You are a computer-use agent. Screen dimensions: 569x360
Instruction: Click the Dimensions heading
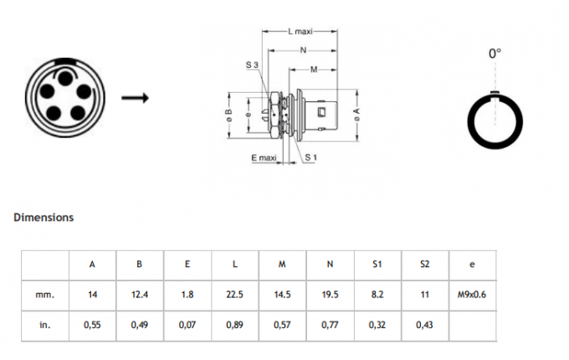point(44,218)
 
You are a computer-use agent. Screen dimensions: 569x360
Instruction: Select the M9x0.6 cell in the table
point(472,295)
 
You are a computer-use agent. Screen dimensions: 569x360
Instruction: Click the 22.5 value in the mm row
point(235,295)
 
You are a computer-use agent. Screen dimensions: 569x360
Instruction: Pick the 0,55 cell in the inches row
point(92,325)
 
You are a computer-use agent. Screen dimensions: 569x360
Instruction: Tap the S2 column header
point(424,265)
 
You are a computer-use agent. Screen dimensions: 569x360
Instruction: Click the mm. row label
point(45,295)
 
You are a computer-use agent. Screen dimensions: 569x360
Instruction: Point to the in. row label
point(45,325)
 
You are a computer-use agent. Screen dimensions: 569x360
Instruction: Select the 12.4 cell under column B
point(140,295)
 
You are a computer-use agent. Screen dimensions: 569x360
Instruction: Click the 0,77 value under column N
point(330,325)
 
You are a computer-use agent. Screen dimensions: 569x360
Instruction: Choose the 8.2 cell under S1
point(377,295)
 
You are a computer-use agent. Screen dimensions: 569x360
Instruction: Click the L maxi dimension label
point(300,32)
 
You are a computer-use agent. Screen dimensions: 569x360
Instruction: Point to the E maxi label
point(264,158)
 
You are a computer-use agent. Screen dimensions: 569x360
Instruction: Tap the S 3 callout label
point(252,65)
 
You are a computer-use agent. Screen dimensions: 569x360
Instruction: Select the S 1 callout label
point(310,157)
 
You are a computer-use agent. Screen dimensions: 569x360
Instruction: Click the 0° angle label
point(495,54)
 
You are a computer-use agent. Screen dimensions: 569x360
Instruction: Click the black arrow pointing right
point(135,98)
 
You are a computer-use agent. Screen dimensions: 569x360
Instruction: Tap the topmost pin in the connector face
point(65,79)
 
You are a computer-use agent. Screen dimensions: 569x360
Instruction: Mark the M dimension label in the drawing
point(314,69)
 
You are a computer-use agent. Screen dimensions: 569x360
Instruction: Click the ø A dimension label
point(357,115)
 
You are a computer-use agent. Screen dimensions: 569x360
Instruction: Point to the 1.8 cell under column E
point(187,295)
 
